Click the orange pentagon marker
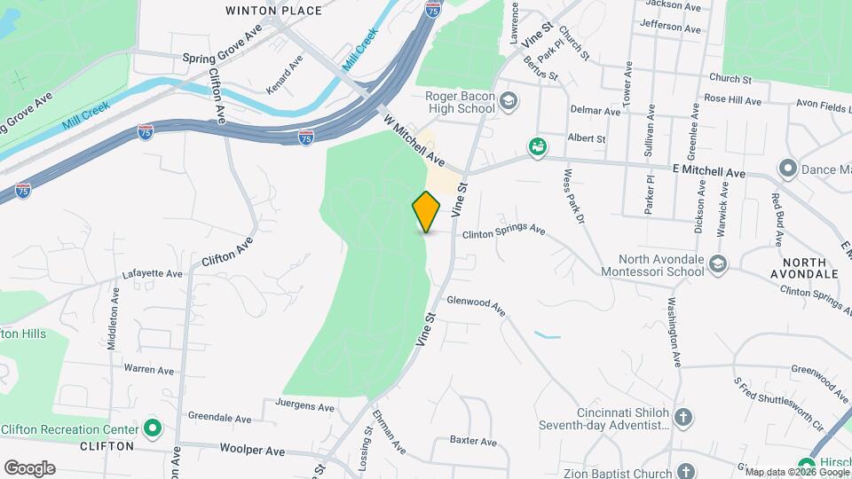(426, 211)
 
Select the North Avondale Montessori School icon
(717, 263)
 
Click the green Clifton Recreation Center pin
(153, 429)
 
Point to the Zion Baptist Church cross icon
(684, 470)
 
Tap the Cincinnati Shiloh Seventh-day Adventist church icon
(682, 416)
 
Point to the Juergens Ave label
(305, 408)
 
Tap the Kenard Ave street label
(285, 74)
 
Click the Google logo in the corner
(29, 468)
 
